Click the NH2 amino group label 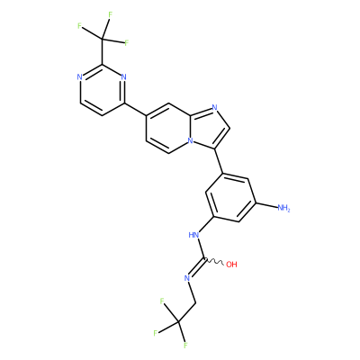283,208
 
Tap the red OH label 231,265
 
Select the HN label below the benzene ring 194,235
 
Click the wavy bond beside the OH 213,261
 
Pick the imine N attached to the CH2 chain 187,278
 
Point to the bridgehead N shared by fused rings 190,140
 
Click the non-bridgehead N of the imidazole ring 214,107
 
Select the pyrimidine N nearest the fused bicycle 123,77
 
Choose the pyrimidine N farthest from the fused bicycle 79,77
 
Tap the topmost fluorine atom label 110,14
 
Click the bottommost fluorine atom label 185,346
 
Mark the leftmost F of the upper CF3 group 79,26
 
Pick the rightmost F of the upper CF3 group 126,43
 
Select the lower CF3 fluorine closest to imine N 162,301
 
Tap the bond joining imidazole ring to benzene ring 219,161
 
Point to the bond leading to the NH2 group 266,205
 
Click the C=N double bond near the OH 197,266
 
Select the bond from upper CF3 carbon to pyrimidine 102,51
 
